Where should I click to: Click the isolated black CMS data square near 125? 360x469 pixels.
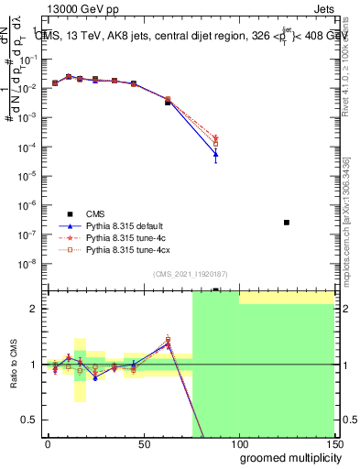coord(287,223)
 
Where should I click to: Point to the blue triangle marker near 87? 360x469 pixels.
coord(215,155)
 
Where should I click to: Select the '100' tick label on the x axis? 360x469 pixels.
coord(238,442)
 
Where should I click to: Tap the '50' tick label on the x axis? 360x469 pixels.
coord(143,442)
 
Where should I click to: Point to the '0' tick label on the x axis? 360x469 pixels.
coord(48,442)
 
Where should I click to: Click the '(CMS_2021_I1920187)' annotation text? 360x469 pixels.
coord(190,274)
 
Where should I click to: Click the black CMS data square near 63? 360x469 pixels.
coord(168,103)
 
